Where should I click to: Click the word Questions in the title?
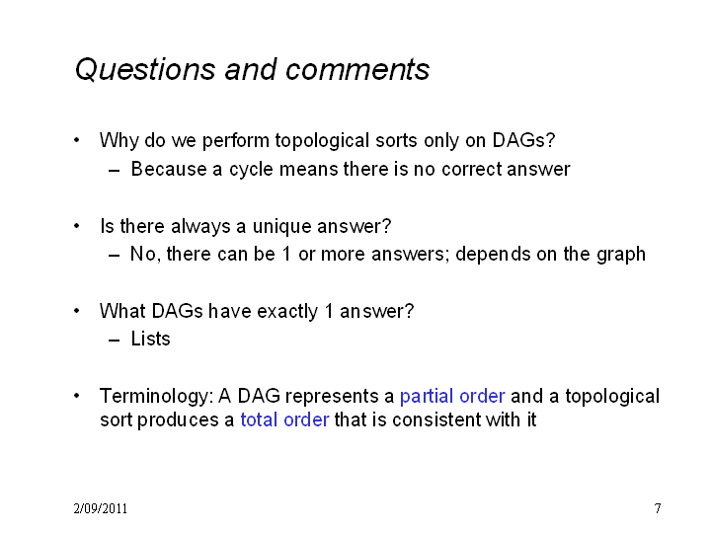pos(145,70)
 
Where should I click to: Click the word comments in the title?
pos(357,70)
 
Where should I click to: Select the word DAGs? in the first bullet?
pos(523,140)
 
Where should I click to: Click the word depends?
pos(493,255)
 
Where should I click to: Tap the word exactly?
pos(287,312)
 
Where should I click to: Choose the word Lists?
pos(150,339)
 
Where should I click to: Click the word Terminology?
pos(156,397)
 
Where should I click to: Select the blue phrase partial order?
pos(452,397)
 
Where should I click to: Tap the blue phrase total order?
pos(284,419)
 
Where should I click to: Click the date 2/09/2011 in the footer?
pos(100,508)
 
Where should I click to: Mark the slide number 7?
pos(658,508)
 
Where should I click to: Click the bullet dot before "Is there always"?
pos(77,225)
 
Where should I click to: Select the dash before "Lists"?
pos(115,340)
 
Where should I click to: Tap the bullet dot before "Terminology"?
pos(77,396)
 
